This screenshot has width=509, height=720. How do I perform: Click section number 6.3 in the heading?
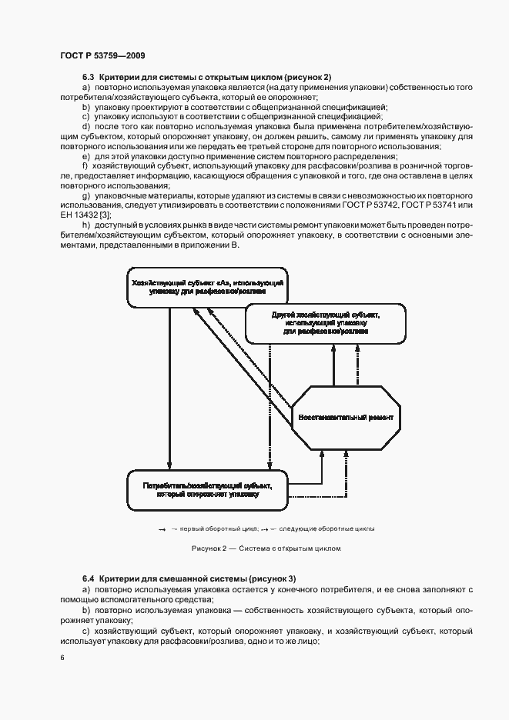(88, 78)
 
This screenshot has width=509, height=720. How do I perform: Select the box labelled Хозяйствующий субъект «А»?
(207, 288)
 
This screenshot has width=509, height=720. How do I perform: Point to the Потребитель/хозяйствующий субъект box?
(208, 489)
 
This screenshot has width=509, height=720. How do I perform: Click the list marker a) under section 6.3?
(85, 88)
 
